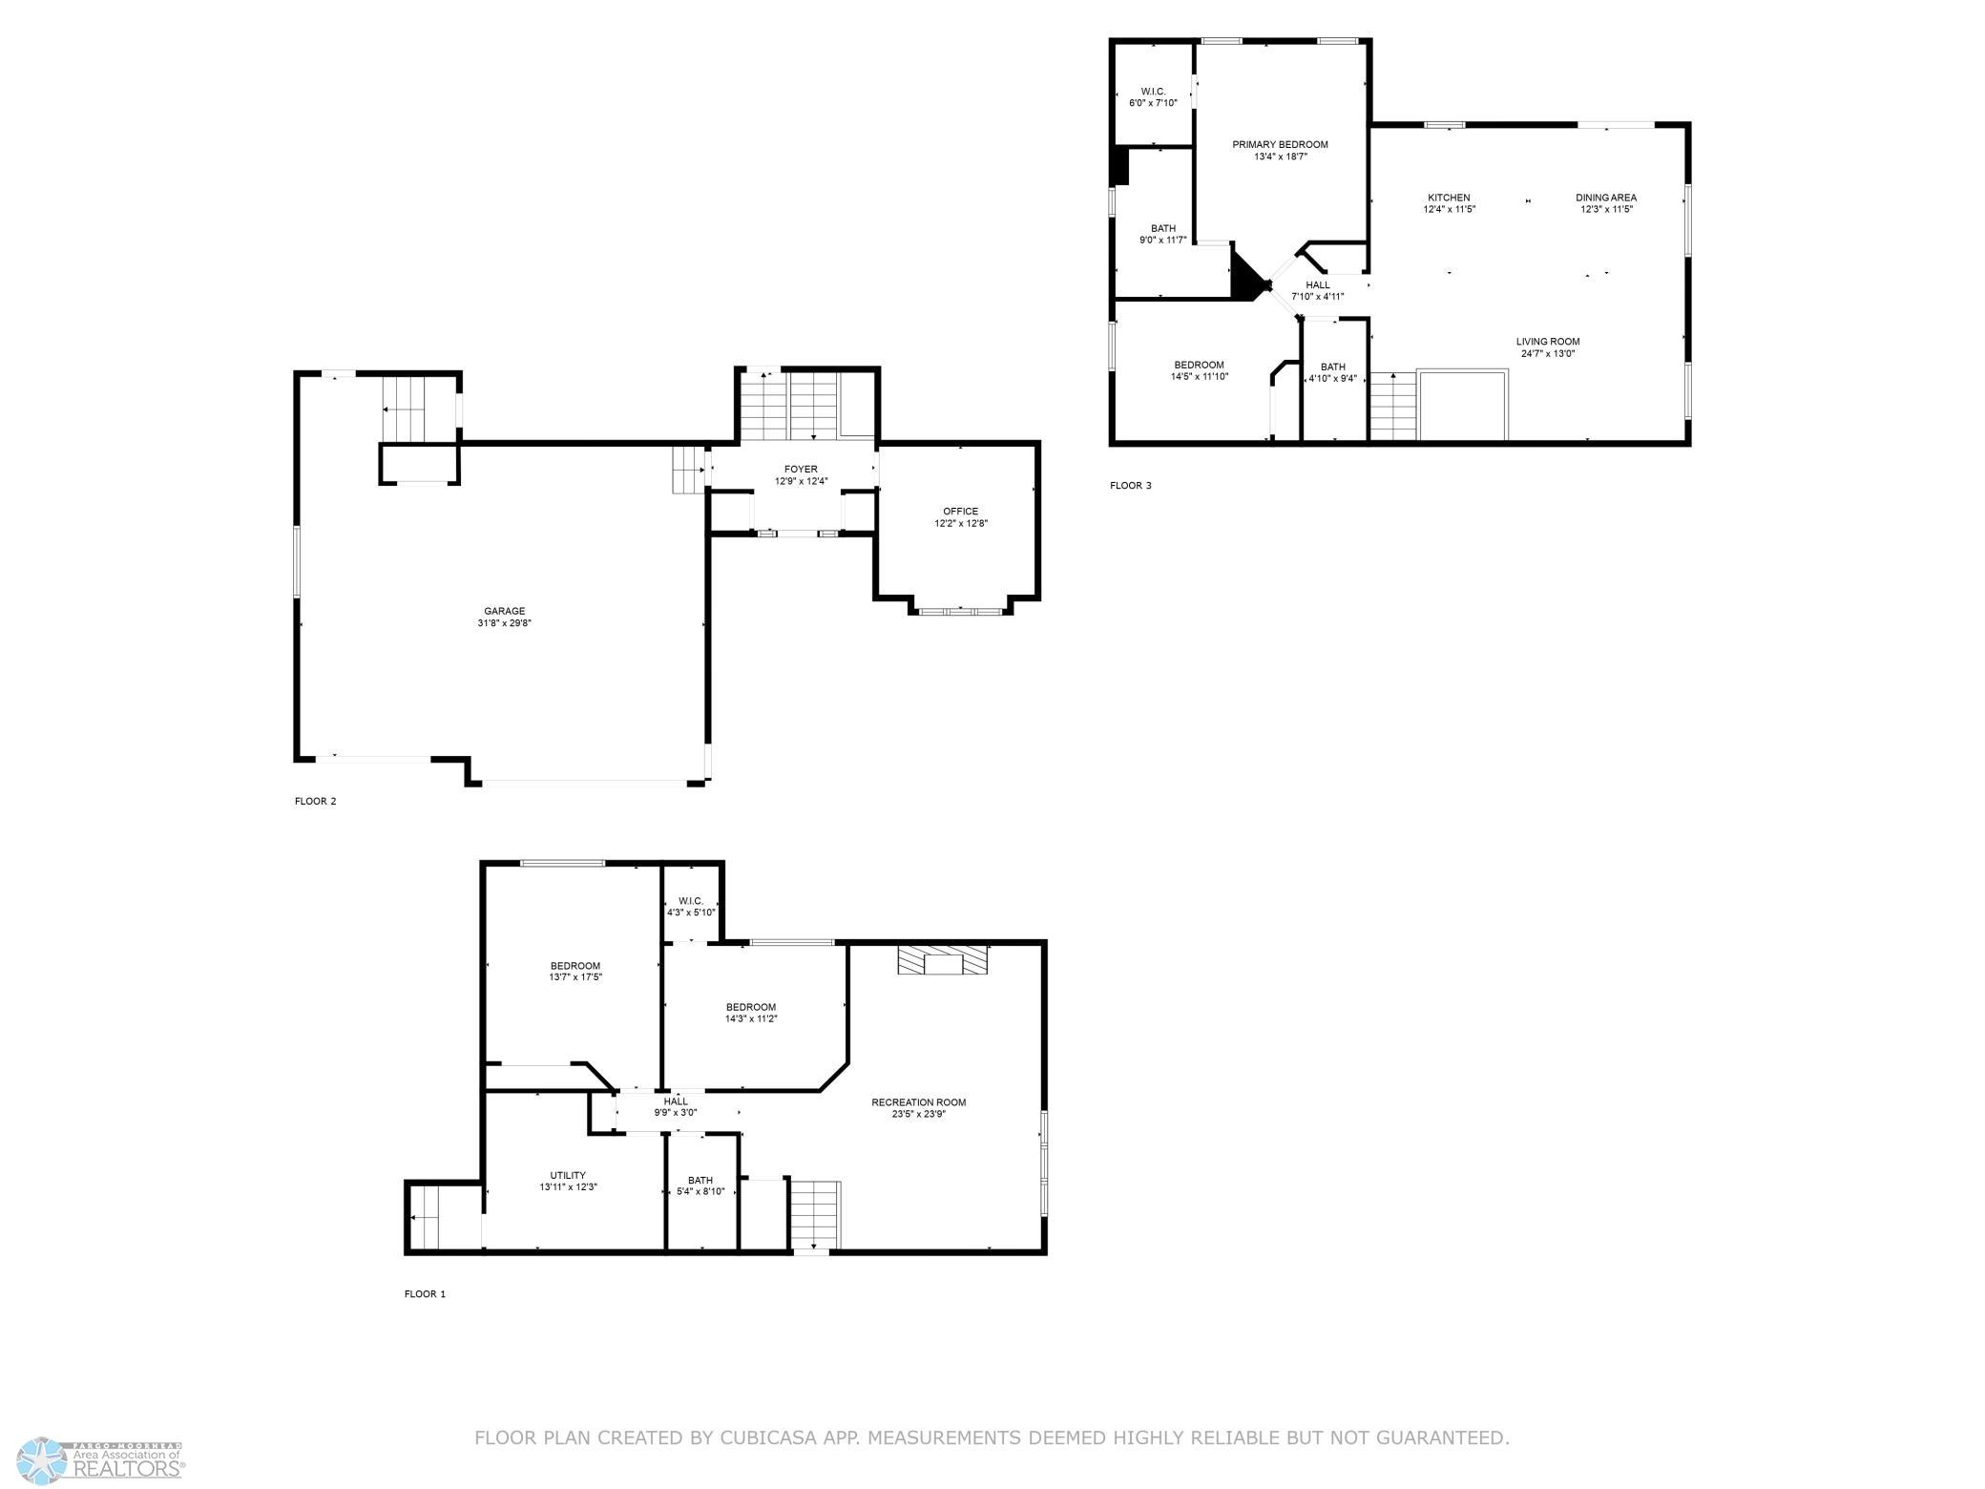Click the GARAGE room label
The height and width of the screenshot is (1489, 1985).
click(504, 611)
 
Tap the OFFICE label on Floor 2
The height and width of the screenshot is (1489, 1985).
click(960, 512)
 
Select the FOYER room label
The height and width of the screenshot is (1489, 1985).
click(801, 470)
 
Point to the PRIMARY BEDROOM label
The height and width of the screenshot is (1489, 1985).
click(1280, 145)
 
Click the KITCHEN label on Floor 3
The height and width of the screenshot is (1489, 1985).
click(1449, 198)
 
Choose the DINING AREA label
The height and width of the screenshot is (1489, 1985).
click(1606, 198)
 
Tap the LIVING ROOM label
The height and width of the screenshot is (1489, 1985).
click(1548, 342)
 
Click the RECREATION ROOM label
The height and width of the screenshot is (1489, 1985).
click(918, 1102)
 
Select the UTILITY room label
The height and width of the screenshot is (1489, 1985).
click(568, 1176)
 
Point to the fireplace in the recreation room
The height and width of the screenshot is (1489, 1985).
click(943, 960)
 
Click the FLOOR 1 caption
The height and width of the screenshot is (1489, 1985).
click(425, 1294)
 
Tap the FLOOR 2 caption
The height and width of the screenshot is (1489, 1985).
click(315, 802)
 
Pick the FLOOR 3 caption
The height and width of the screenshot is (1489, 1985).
click(1130, 486)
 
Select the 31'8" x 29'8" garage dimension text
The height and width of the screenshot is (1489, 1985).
click(504, 623)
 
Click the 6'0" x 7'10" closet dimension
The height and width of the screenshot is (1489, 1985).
click(1153, 103)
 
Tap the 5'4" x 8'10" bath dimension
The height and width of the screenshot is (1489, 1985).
click(700, 1191)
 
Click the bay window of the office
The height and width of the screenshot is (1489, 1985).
click(960, 610)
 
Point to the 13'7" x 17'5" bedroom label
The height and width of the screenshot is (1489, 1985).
click(575, 977)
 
